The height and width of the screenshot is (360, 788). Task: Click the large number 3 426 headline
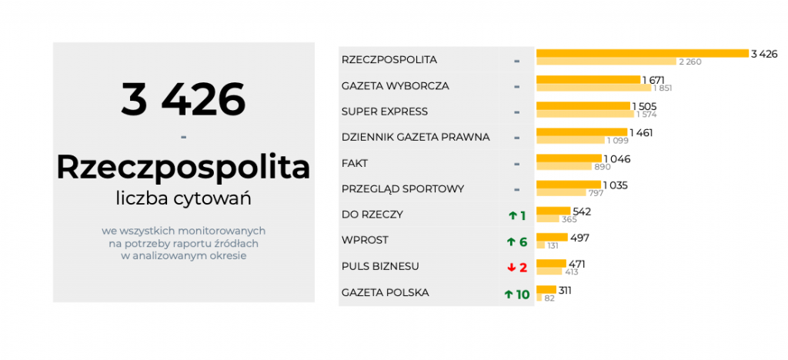(183, 99)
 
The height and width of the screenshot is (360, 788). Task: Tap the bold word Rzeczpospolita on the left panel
(183, 166)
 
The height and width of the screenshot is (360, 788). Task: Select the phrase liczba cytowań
(183, 198)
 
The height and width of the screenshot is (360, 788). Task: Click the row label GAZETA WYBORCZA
(395, 85)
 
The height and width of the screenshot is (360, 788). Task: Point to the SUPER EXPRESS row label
(384, 112)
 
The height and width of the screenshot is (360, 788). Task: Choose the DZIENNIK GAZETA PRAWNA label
(416, 138)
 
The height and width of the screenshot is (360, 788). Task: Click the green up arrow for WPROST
(511, 242)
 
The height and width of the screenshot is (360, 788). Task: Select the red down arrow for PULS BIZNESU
(511, 268)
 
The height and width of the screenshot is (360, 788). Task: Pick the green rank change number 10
(523, 294)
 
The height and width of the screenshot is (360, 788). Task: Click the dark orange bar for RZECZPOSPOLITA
(642, 53)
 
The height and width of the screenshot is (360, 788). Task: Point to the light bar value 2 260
(688, 62)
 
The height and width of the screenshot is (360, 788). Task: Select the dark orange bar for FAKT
(569, 158)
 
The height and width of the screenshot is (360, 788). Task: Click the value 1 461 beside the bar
(641, 132)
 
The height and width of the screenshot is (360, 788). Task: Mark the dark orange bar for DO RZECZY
(553, 210)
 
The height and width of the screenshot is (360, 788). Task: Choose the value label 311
(565, 290)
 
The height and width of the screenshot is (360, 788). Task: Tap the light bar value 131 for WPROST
(553, 245)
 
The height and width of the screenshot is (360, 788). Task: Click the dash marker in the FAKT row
(516, 164)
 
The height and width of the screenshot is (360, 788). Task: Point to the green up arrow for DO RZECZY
(512, 215)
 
